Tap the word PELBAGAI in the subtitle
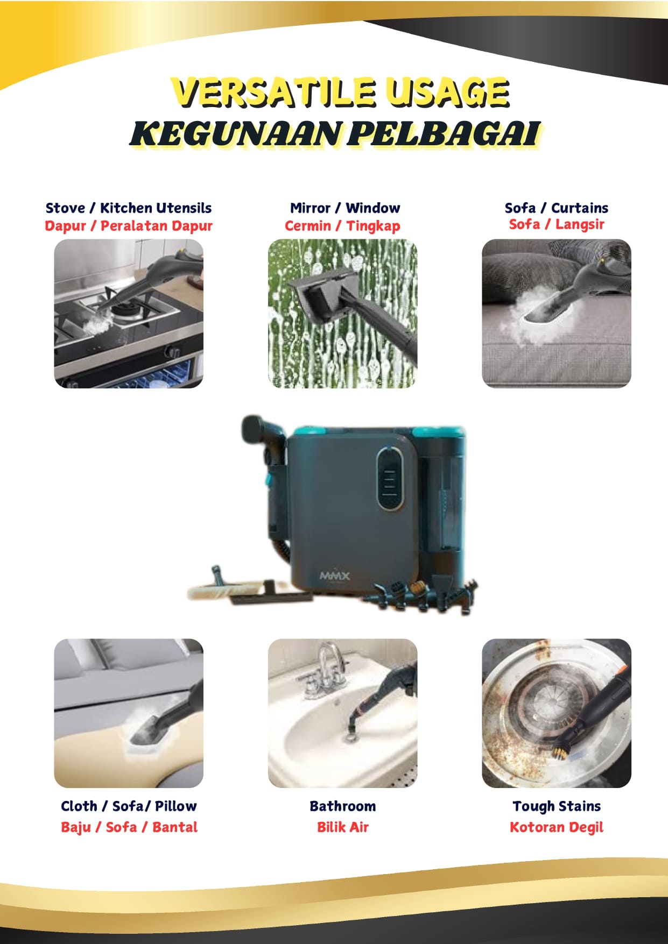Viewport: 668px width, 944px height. pyautogui.click(x=442, y=133)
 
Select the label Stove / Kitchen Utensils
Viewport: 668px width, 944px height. pyautogui.click(x=129, y=208)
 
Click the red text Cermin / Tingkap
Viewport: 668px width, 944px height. pyautogui.click(x=342, y=226)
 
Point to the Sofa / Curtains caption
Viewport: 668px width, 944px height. pyautogui.click(x=557, y=208)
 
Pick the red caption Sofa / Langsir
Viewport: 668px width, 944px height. pyautogui.click(x=557, y=224)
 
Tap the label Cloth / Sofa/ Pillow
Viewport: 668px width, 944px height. pyautogui.click(x=129, y=806)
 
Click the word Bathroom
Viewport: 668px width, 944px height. pyautogui.click(x=342, y=806)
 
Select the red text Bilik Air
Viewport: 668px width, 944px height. pyautogui.click(x=342, y=827)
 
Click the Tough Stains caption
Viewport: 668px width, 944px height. pyautogui.click(x=557, y=806)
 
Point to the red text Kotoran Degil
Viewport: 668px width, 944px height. pyautogui.click(x=557, y=827)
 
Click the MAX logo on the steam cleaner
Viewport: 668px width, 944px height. pyautogui.click(x=334, y=576)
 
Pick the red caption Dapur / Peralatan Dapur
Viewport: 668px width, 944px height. pyautogui.click(x=129, y=226)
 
